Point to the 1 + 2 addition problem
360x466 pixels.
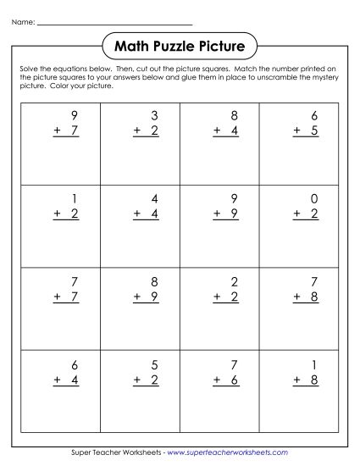tap(64, 207)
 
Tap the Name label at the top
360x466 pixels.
tap(24, 24)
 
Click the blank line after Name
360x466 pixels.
tap(114, 25)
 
